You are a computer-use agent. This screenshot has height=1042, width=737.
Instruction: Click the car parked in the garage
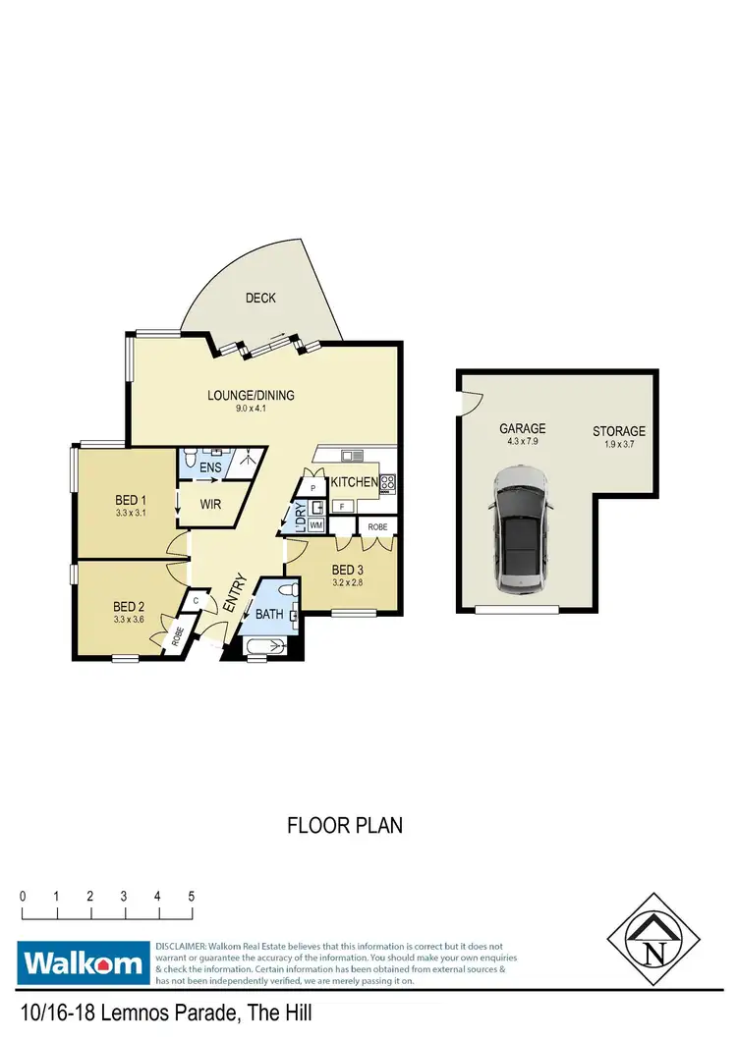pos(524,529)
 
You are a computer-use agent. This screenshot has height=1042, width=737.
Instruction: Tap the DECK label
pos(260,298)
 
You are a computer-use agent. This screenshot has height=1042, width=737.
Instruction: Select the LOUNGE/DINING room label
pos(251,396)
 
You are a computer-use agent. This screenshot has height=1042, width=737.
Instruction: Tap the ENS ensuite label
pos(211,468)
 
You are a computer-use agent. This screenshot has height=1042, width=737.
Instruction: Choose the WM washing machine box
pos(315,525)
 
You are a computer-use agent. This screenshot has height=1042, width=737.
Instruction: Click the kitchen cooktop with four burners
pos(388,482)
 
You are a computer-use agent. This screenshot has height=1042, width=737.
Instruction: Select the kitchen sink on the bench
pos(352,456)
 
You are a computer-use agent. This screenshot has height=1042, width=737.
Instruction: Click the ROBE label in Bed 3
pos(377,526)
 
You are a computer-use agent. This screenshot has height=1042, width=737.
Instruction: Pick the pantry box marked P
pos(312,487)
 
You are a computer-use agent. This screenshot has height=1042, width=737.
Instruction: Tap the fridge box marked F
pos(340,506)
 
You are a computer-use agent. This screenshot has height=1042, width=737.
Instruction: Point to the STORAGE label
pos(618,431)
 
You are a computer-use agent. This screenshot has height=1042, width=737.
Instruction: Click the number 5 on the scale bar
pos(191,897)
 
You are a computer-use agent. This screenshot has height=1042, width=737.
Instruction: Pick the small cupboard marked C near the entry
pos(197,600)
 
